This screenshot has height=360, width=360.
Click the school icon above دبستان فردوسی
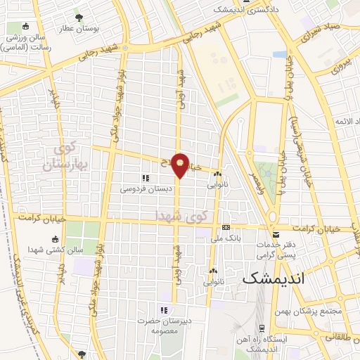[145, 179]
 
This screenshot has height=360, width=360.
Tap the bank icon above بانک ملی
[225, 228]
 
